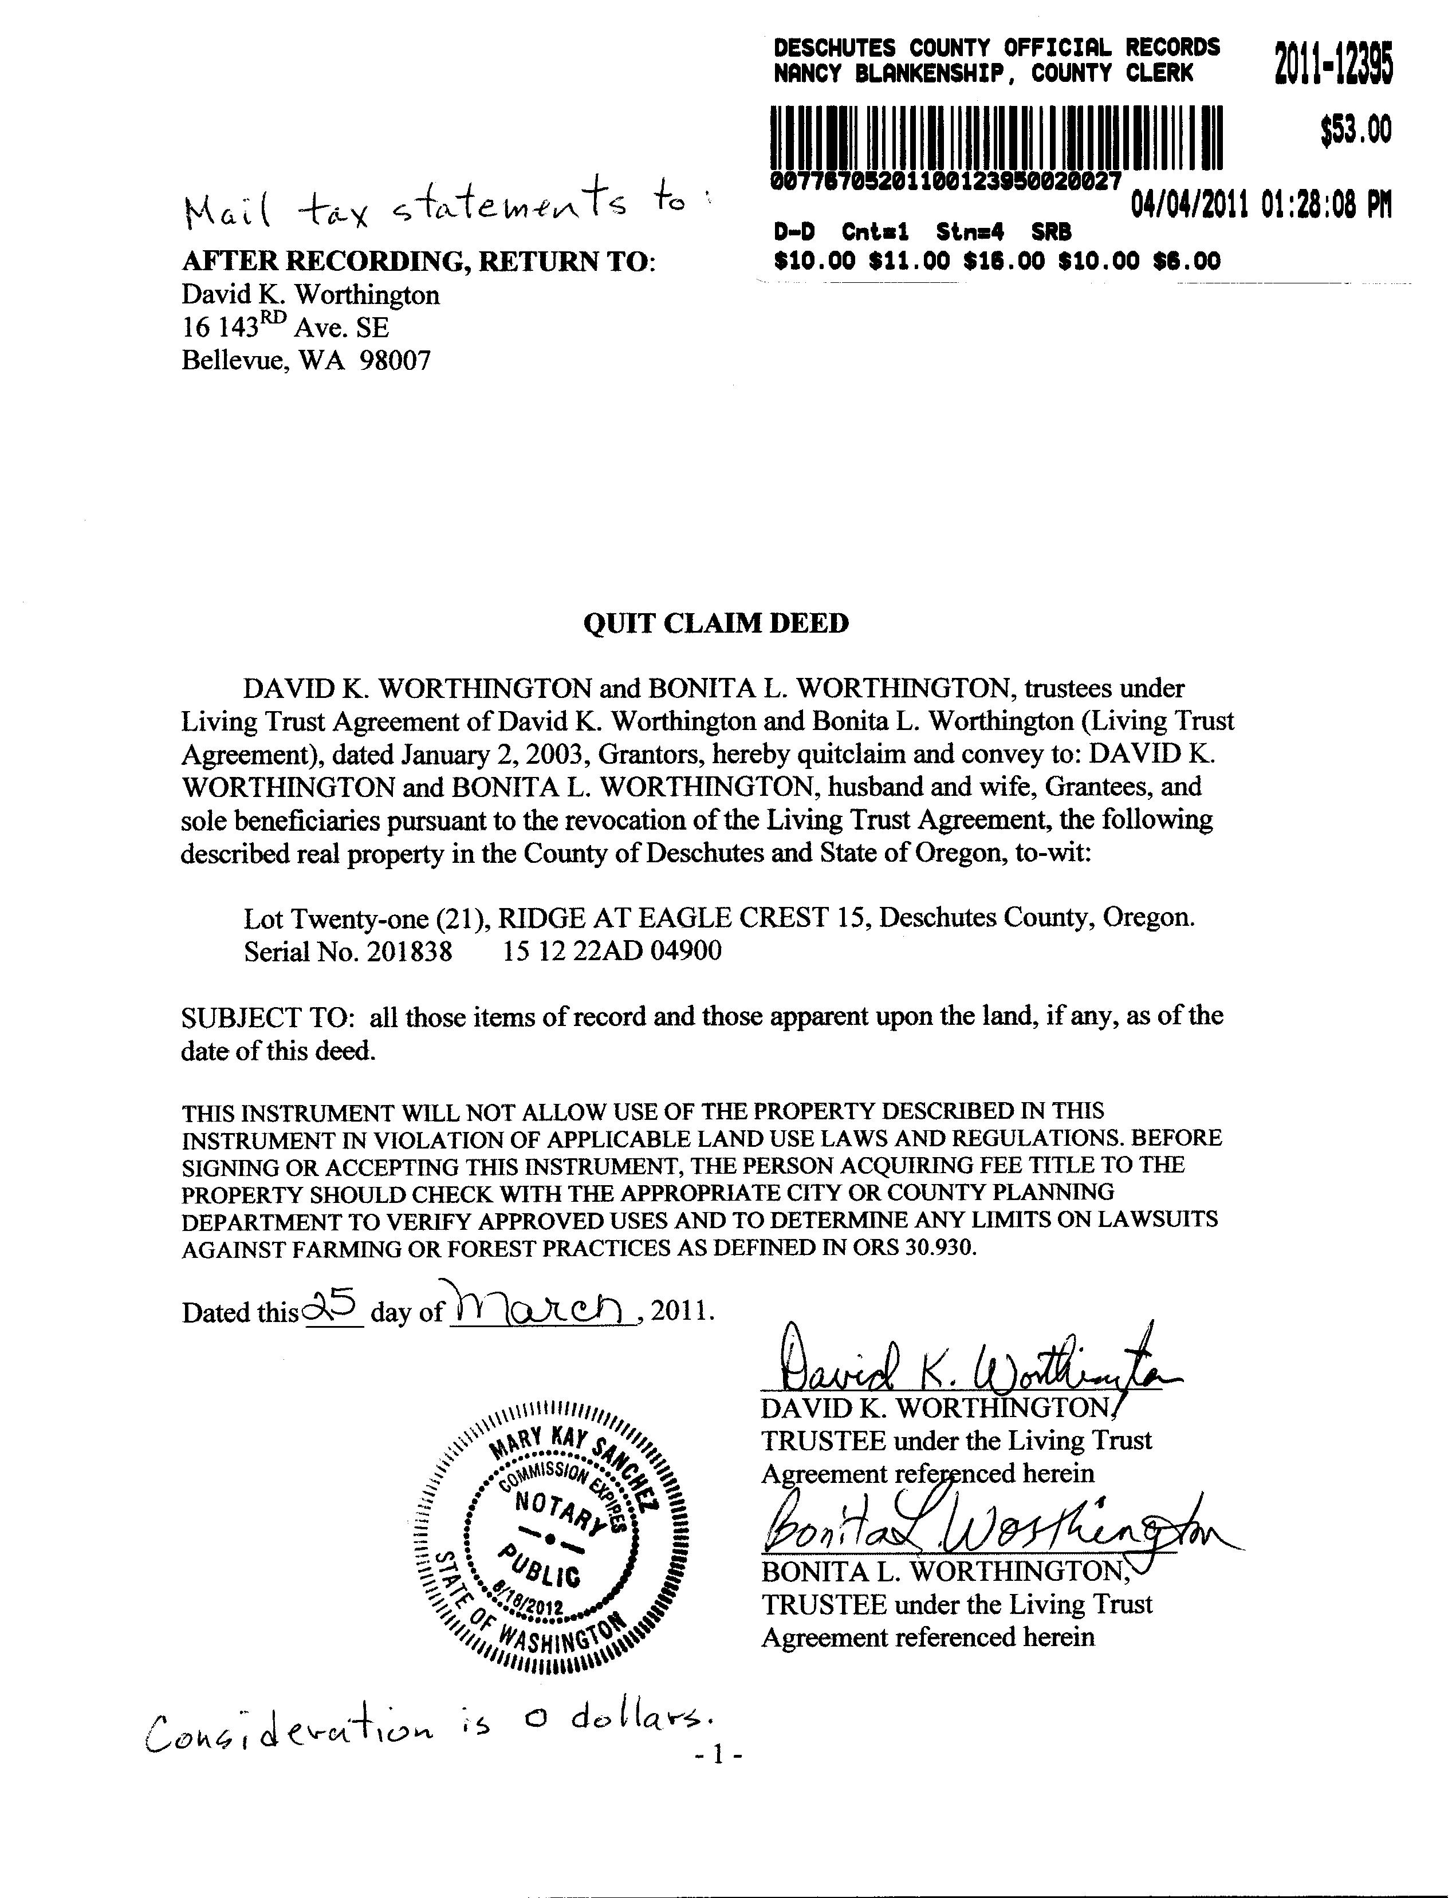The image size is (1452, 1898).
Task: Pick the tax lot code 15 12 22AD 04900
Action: [612, 951]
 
